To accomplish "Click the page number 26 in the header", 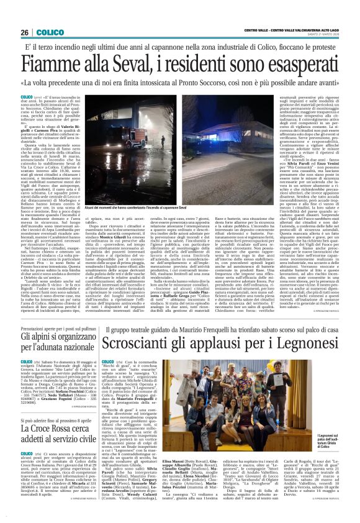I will [25, 32].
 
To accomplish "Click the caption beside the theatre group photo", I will [335, 457].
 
